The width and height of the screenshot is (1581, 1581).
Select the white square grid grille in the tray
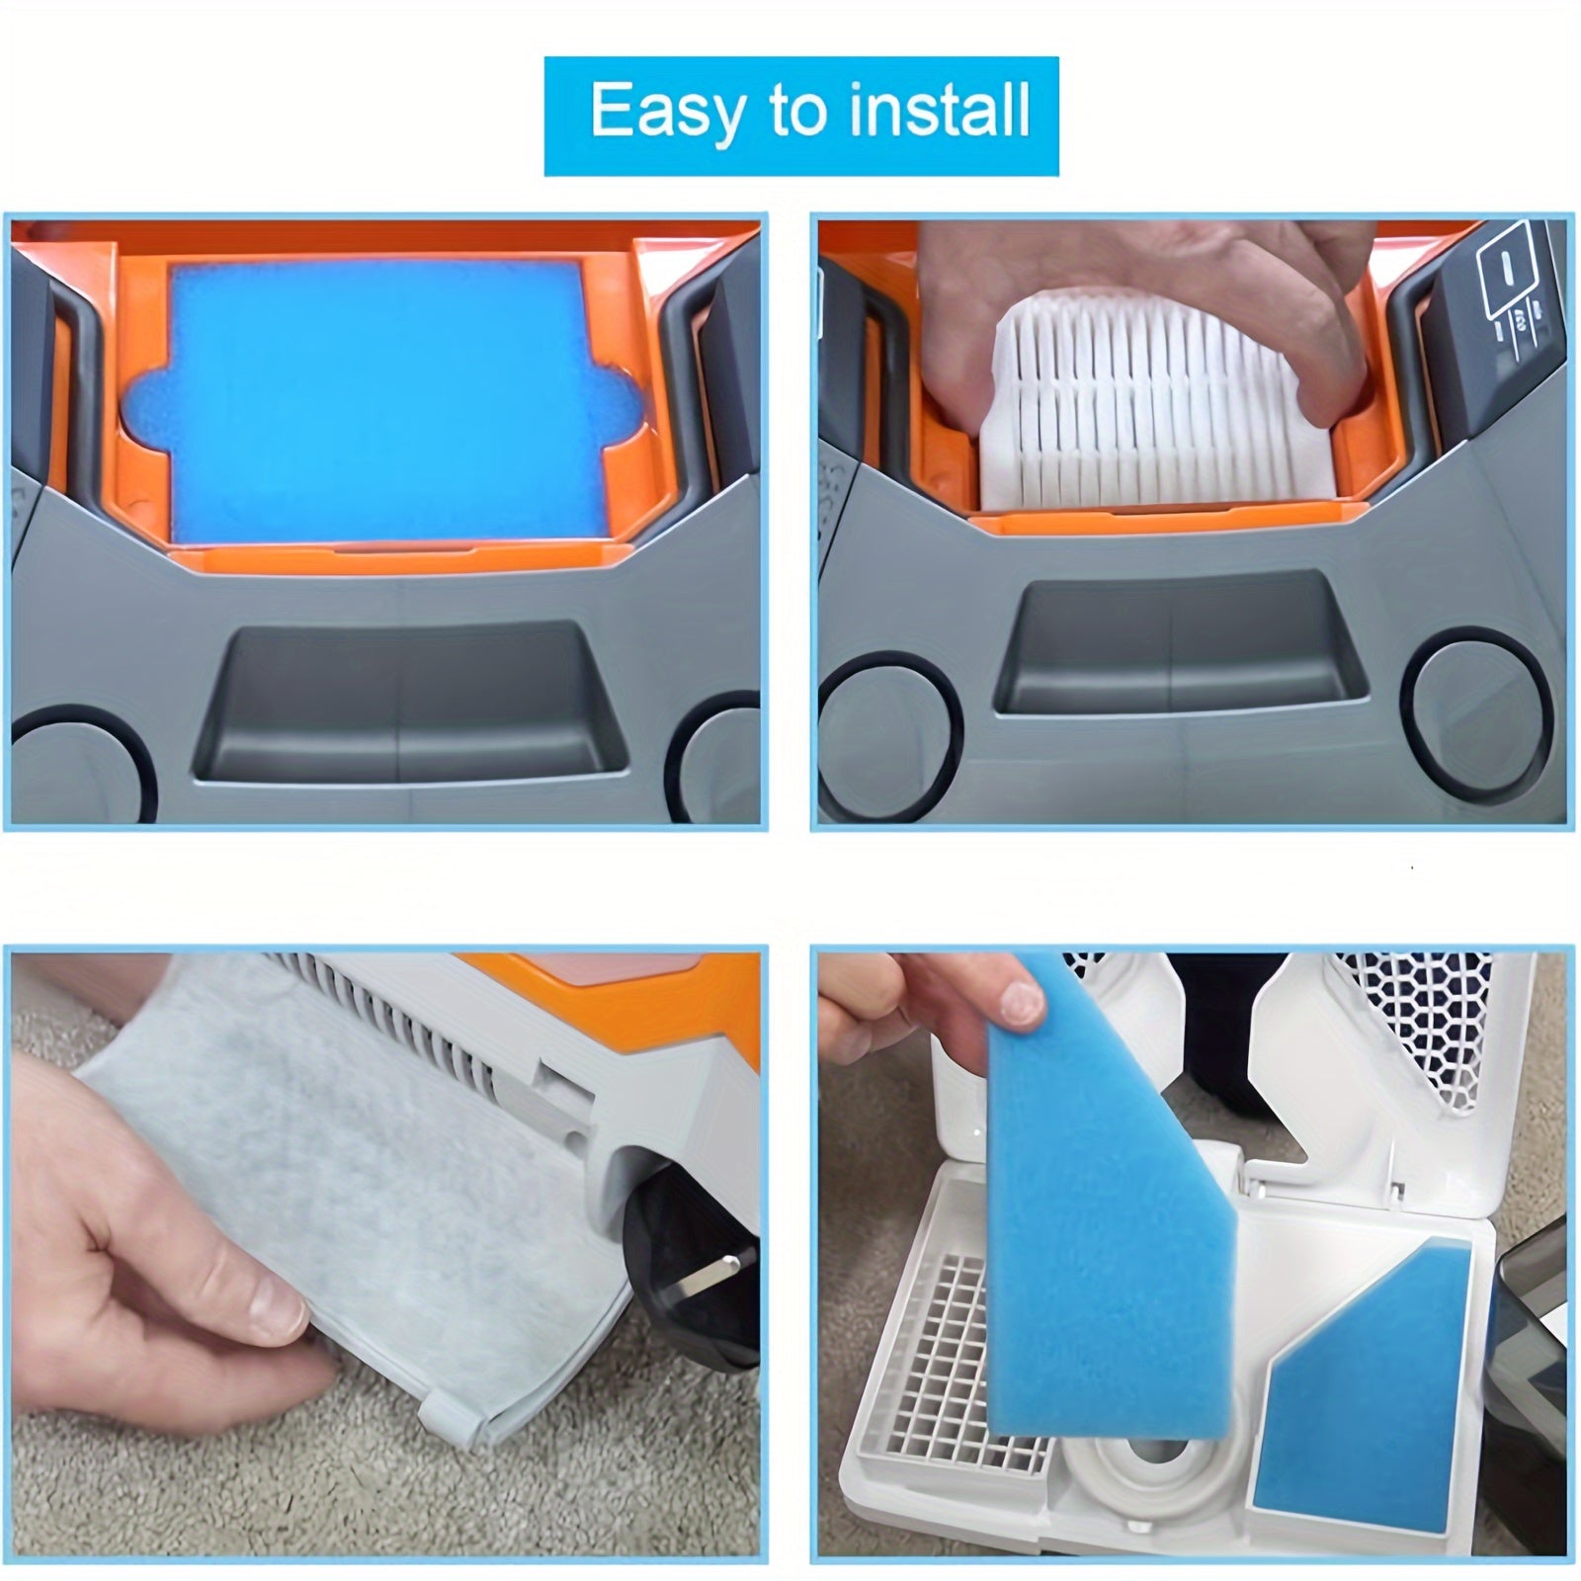(968, 1364)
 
